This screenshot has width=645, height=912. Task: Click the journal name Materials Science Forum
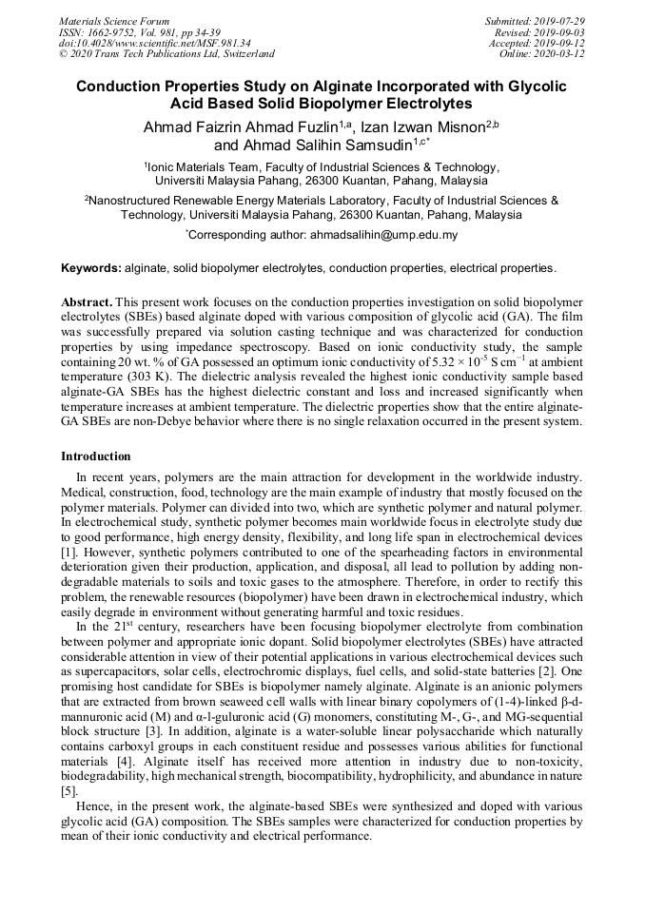pos(114,20)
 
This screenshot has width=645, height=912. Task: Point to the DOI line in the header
pos(155,43)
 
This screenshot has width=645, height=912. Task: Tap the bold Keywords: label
pos(91,269)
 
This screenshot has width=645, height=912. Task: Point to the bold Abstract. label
pos(88,301)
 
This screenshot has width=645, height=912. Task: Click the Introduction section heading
pos(95,456)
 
